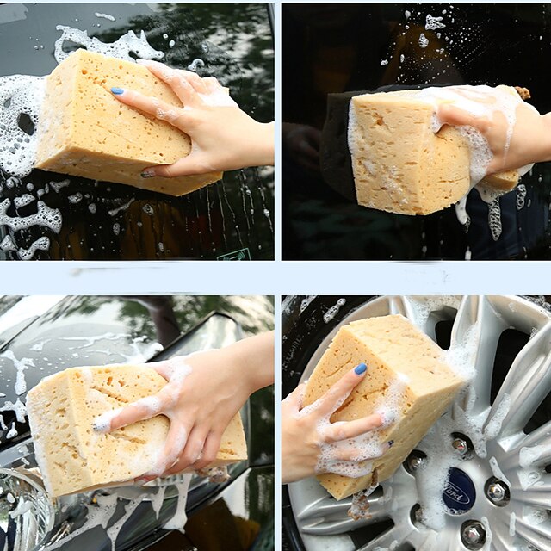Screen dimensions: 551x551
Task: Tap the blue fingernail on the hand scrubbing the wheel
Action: coord(360,369)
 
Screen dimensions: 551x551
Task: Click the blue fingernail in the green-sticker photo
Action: coord(117,91)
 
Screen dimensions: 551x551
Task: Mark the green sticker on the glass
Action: coord(234,255)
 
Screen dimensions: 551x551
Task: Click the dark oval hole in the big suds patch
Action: coord(26,123)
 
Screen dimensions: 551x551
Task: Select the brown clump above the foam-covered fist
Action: coord(523,92)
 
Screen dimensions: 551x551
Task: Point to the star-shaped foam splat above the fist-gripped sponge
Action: coord(435,22)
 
